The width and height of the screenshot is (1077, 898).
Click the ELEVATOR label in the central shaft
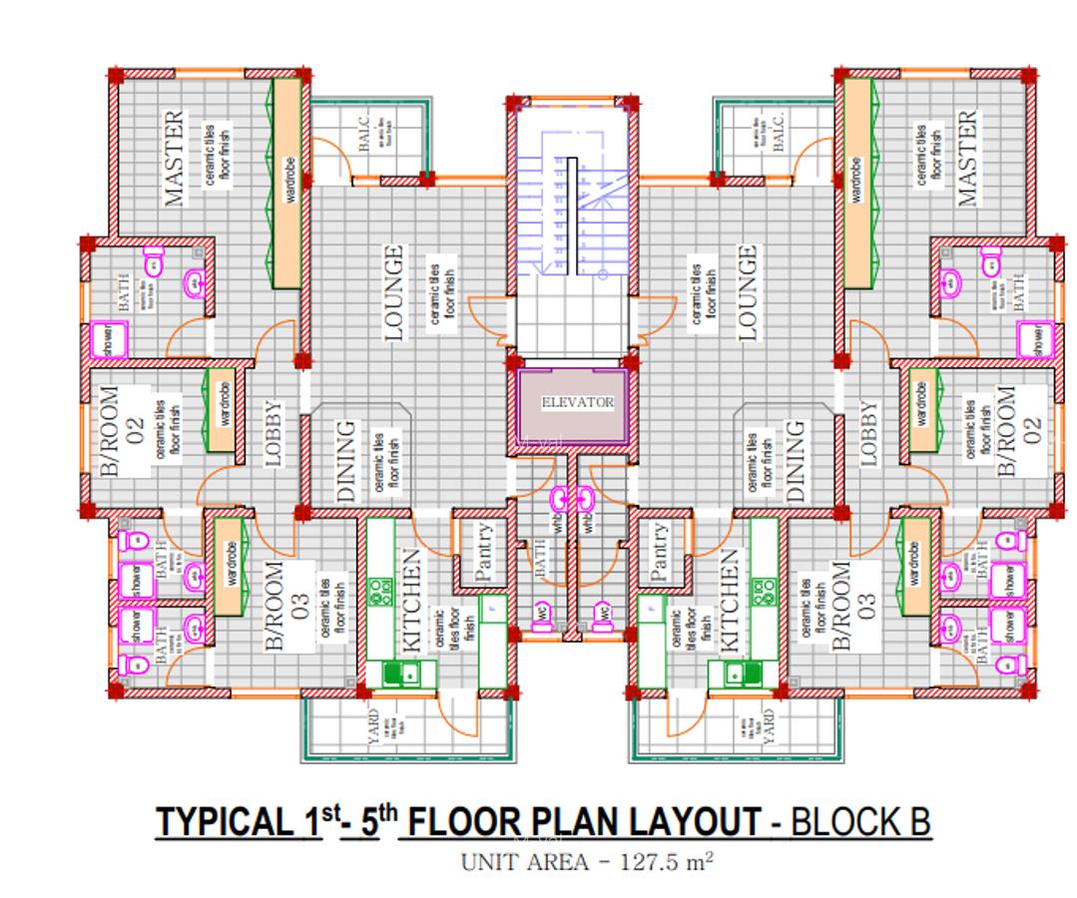577,402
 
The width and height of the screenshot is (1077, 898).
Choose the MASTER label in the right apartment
965,159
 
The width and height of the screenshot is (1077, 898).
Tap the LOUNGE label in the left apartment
393,293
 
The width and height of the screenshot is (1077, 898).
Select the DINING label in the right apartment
795,460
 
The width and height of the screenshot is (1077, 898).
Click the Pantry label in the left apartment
484,553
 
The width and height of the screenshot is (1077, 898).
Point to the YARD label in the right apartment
767,727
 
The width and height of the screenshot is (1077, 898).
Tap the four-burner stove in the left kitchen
381,593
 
